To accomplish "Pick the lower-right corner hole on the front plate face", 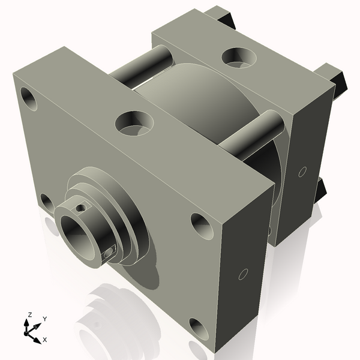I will [199, 329].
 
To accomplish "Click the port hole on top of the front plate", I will [134, 122].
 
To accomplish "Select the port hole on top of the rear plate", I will [239, 57].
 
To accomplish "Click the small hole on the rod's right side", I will [109, 253].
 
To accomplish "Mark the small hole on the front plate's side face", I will [243, 275].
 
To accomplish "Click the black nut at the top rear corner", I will [221, 17].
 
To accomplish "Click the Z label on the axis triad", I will [29, 314].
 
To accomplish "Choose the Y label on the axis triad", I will [44, 319].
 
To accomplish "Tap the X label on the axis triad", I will [44, 340].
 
